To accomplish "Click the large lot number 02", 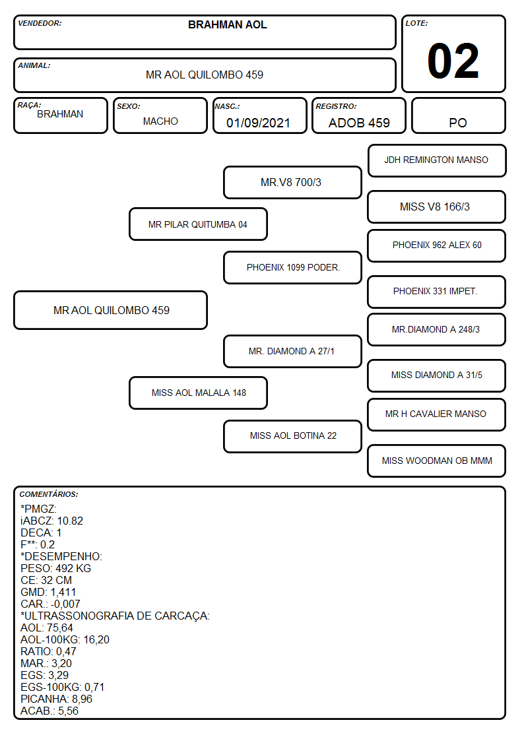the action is tap(453, 61).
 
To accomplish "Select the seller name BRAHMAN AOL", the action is tap(227, 24).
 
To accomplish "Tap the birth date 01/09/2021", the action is tap(258, 123).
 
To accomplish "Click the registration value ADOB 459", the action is tap(359, 123).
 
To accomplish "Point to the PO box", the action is tap(458, 115).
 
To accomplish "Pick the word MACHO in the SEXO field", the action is tap(160, 121).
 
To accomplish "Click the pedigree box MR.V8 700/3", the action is tap(292, 182).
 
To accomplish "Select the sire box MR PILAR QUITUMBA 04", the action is tap(198, 224).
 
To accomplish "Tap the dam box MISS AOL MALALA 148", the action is tap(198, 393).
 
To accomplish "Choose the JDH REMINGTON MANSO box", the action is tap(437, 161).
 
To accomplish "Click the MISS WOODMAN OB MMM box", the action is tap(437, 461).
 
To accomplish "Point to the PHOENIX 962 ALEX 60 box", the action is tap(437, 245).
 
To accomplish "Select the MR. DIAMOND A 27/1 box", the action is tap(292, 351).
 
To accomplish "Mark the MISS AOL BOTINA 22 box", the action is tap(292, 436).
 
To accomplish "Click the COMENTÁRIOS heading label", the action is tap(49, 494).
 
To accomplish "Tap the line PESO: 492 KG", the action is tap(55, 569).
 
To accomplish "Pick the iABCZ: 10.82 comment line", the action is tap(52, 521).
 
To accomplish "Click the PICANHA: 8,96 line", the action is tap(56, 699).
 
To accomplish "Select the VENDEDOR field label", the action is tap(40, 23).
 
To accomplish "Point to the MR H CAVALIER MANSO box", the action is tap(437, 414).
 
